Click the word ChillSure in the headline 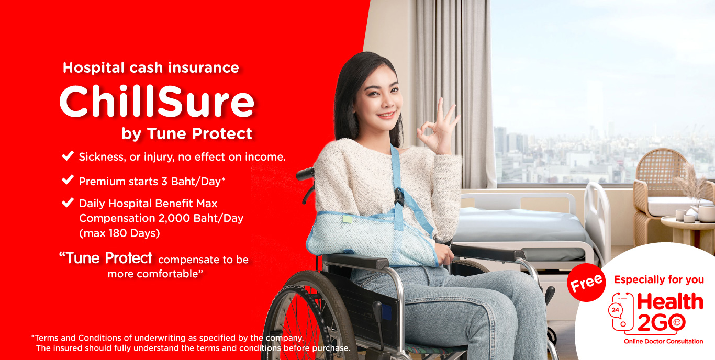(x=157, y=102)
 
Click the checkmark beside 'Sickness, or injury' (x=68, y=155)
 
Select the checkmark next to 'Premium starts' (x=68, y=179)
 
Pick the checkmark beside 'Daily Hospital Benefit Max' (x=68, y=203)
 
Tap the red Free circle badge (x=586, y=283)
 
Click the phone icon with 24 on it (x=621, y=312)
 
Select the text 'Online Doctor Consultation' (x=663, y=341)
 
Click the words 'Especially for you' (x=659, y=279)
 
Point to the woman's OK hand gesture (x=439, y=128)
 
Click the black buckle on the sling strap (x=399, y=196)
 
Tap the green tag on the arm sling (x=347, y=219)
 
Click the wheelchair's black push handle (x=305, y=174)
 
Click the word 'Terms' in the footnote (x=46, y=338)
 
